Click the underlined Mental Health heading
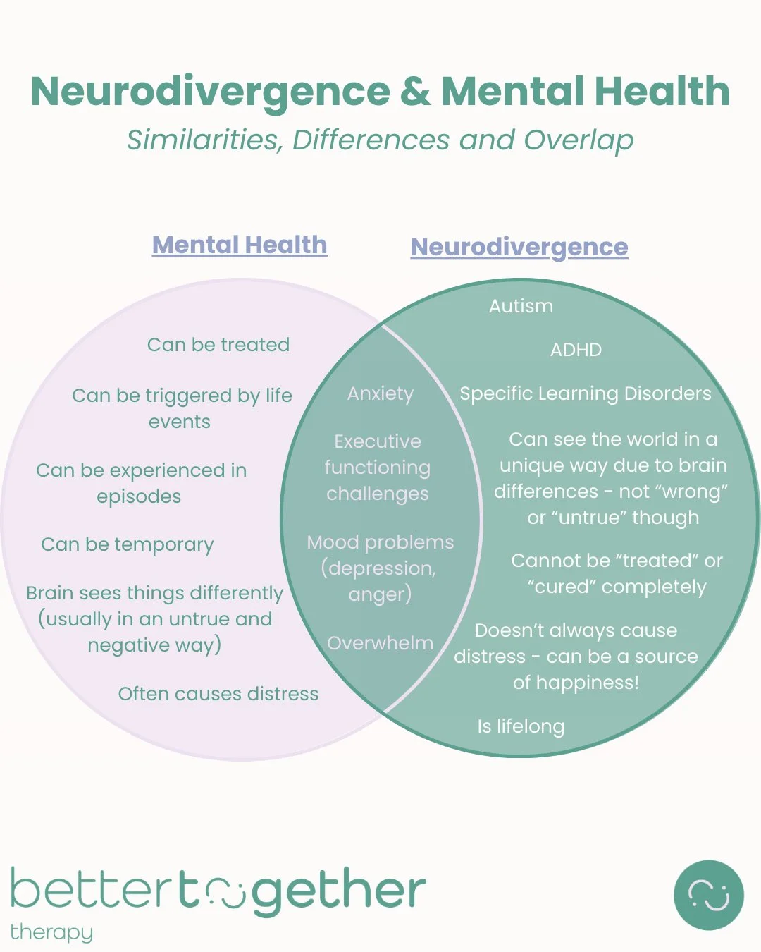pos(240,245)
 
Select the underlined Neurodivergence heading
pos(519,248)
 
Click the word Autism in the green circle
pos(521,306)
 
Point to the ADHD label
pos(576,350)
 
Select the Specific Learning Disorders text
pos(585,393)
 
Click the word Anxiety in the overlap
pos(380,393)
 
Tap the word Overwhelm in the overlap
pos(380,643)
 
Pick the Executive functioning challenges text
pos(378,468)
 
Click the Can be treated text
pos(218,345)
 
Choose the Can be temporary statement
pos(128,544)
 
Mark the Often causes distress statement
pos(218,694)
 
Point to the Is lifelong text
pos(521,726)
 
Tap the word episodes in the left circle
pos(139,496)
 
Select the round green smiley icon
pos(708,895)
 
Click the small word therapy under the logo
pos(51,932)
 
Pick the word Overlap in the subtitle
pos(579,140)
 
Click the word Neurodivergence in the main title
pos(210,92)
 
